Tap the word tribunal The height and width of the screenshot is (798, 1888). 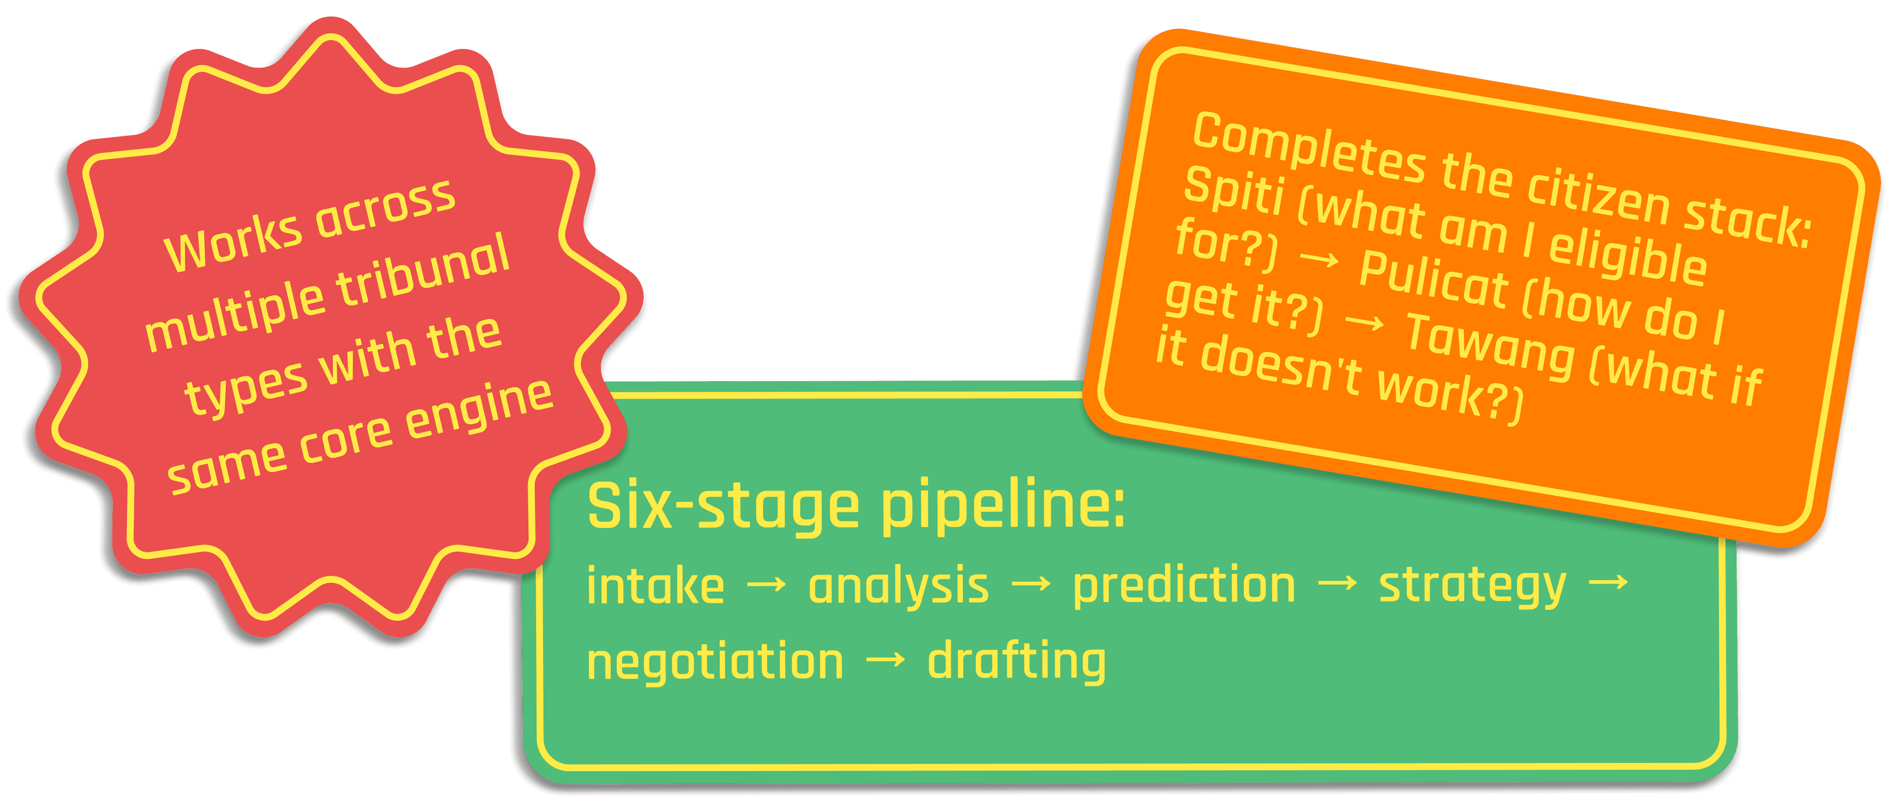point(424,269)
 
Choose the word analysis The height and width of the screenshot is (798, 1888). point(898,586)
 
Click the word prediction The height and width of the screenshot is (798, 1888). point(1183,586)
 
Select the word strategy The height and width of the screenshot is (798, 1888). point(1472,586)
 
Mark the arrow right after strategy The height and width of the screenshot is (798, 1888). point(1608,583)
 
